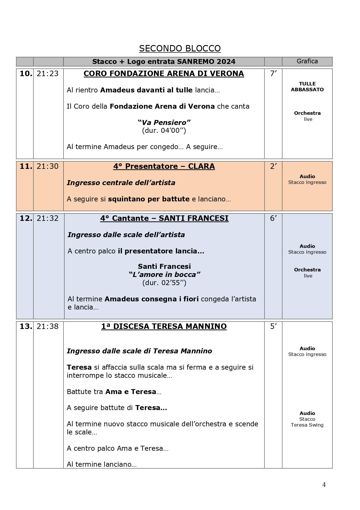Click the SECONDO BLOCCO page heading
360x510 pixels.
(180, 48)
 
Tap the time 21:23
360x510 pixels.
(48, 74)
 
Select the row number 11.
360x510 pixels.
(26, 167)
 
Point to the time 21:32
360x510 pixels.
(48, 218)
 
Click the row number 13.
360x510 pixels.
(26, 327)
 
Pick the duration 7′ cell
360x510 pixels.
(273, 74)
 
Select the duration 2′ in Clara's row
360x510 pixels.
(273, 167)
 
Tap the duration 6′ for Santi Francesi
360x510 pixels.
(273, 218)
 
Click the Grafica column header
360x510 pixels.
(307, 61)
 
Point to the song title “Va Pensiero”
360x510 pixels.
(164, 122)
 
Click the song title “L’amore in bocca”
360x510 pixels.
(164, 275)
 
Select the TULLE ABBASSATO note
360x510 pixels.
(307, 87)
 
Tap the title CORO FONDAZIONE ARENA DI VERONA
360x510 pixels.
(164, 74)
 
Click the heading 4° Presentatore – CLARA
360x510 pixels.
(164, 167)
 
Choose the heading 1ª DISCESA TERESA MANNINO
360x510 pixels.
(164, 327)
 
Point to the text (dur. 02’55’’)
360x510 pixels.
(164, 283)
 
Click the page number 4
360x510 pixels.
(324, 485)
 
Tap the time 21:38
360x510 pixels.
(48, 327)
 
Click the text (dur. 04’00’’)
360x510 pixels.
(164, 130)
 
